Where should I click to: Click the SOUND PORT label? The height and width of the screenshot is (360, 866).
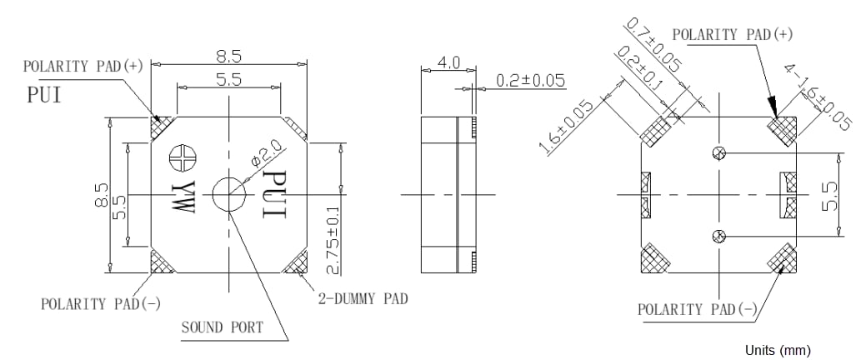(x=223, y=327)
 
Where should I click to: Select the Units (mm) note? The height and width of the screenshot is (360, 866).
(x=772, y=349)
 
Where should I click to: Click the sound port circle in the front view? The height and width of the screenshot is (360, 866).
(x=228, y=195)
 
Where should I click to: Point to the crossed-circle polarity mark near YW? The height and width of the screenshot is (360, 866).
(x=181, y=156)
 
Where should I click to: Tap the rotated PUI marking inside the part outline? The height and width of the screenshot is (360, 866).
(x=274, y=196)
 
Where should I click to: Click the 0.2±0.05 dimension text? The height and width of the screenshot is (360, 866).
(x=530, y=81)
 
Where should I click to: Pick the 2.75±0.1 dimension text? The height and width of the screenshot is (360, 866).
(x=333, y=241)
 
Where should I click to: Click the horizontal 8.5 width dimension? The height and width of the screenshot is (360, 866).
(x=230, y=57)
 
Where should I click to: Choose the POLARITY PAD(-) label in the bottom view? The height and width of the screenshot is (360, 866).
(x=697, y=310)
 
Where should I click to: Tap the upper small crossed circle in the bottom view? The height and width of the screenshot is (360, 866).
(x=720, y=152)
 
